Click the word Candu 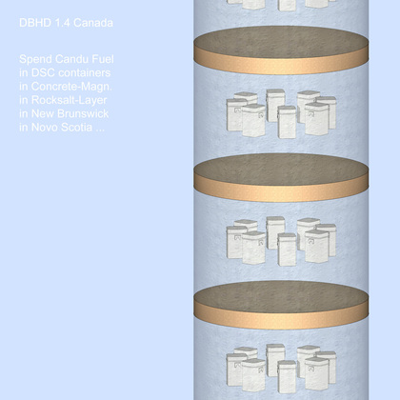tap(71, 59)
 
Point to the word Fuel tap(103, 59)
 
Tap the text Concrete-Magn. tap(71, 87)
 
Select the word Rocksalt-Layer tap(69, 100)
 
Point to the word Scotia tap(76, 128)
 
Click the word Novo tap(44, 128)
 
